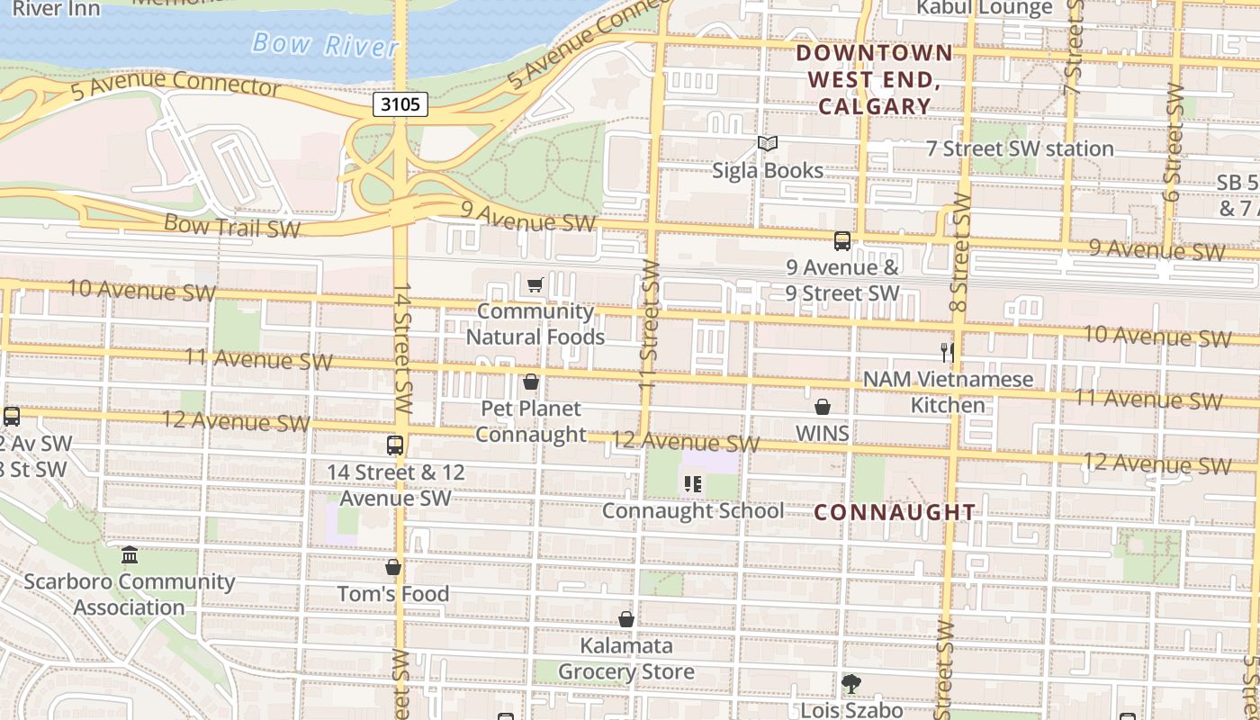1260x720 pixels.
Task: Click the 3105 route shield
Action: click(400, 104)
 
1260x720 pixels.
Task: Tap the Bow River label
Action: click(325, 44)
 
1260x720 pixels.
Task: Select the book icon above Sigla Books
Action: click(767, 144)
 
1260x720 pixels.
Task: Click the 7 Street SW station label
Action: click(1020, 148)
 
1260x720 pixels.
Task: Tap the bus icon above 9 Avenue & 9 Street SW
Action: click(842, 241)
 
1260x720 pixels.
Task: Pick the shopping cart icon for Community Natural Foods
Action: click(535, 285)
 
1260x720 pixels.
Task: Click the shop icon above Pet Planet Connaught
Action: click(531, 382)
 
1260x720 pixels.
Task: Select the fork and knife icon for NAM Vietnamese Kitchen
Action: click(947, 352)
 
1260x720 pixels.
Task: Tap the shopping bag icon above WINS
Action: click(823, 407)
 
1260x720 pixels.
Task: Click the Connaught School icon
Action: click(692, 484)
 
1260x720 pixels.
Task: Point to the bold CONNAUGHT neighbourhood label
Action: click(895, 512)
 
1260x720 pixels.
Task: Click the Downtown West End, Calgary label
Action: click(874, 79)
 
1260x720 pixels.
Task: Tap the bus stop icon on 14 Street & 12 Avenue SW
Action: click(395, 445)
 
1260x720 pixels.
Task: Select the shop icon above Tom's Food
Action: click(393, 567)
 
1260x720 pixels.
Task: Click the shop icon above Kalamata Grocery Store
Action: click(626, 619)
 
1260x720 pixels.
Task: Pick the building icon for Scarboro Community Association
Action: click(130, 553)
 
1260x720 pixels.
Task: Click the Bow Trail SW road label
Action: click(232, 226)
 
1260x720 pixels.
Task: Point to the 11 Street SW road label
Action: click(650, 324)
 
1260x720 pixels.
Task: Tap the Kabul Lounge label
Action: click(984, 8)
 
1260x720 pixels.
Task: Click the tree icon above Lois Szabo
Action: click(850, 684)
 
